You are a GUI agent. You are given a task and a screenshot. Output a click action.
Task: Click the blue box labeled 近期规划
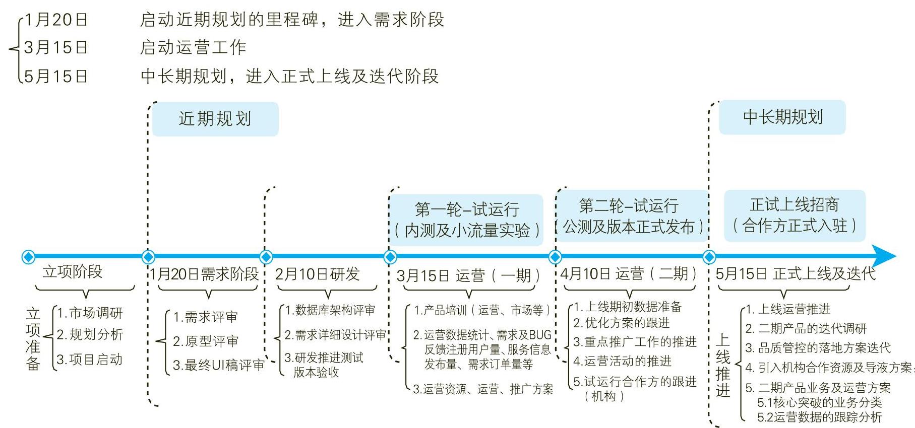215,119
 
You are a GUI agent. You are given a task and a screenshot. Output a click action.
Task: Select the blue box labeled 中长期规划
782,117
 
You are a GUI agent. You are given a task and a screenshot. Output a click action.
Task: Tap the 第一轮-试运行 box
466,220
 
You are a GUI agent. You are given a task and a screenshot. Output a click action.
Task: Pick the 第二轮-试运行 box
632,216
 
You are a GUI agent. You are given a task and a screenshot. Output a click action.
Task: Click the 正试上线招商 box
795,215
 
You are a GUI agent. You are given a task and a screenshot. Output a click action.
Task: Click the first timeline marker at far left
29,257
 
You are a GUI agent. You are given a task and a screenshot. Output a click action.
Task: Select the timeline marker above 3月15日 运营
390,257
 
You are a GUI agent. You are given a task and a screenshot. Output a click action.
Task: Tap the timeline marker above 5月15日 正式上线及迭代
709,257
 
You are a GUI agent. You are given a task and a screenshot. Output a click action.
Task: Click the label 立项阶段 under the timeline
73,272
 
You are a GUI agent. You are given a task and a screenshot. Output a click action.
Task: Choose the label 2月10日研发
317,274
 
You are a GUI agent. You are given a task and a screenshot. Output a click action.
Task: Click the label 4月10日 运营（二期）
629,274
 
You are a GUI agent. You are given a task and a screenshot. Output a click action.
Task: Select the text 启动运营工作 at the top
193,47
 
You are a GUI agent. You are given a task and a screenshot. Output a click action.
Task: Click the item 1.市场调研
90,313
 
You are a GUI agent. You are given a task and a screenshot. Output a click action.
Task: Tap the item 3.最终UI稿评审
218,365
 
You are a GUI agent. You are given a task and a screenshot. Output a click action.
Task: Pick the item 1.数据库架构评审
330,310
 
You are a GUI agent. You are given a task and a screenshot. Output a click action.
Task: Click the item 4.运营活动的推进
622,361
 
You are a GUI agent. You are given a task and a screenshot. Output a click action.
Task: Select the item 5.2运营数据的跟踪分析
819,417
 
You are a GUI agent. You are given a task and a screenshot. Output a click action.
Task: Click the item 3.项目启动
89,360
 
